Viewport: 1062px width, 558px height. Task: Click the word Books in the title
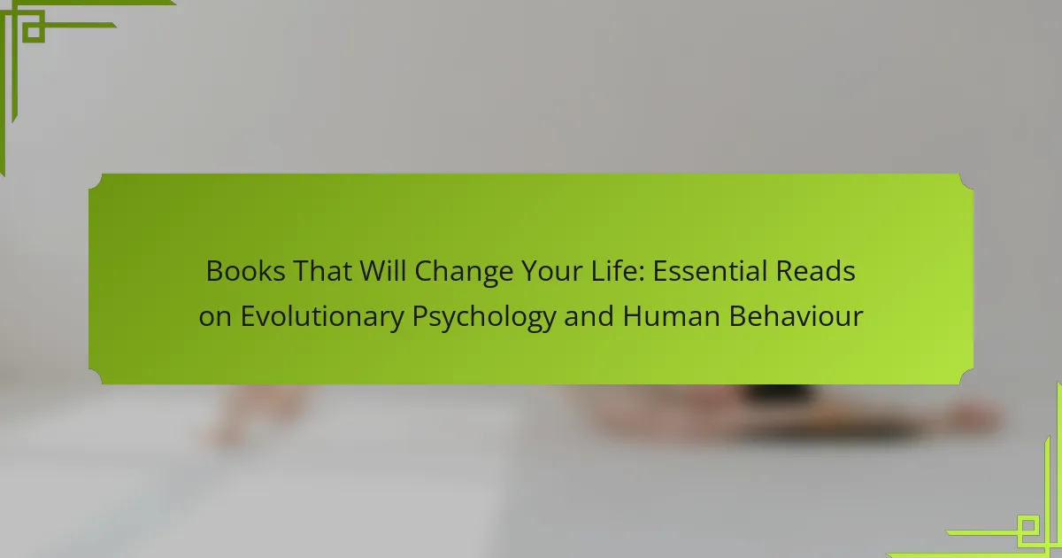pos(246,271)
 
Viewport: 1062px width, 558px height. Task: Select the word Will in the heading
pos(383,271)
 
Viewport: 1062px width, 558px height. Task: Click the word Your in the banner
pos(552,271)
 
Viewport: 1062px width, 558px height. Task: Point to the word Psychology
pos(484,318)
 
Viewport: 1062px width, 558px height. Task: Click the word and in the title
pos(589,316)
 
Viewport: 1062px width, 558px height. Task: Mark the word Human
pos(672,316)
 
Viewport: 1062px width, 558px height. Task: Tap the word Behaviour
pos(796,316)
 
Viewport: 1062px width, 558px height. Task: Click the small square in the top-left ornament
pos(34,31)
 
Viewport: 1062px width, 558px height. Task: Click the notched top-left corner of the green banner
pos(96,181)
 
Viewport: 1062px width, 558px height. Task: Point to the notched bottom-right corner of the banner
pos(966,377)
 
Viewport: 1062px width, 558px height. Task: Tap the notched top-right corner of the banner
pos(966,181)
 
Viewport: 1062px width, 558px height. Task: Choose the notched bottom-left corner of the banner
pos(96,377)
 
